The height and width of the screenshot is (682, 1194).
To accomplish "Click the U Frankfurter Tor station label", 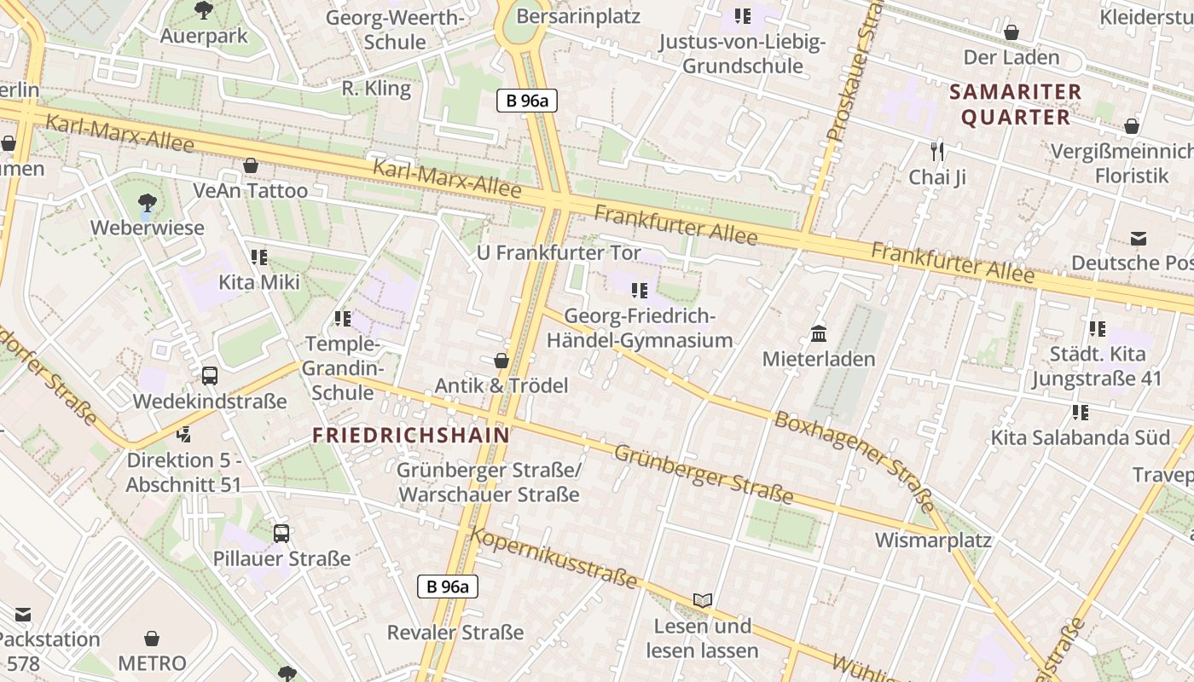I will (x=558, y=253).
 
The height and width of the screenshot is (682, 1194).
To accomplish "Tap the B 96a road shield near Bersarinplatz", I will (x=527, y=101).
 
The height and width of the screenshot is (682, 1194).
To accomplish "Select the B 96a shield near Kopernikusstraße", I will (x=448, y=587).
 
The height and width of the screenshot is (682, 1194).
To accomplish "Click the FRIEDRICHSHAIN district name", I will (x=410, y=435).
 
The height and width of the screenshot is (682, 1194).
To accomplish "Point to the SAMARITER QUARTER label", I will (x=1015, y=104).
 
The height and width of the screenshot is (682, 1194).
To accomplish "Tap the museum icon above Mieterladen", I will (x=819, y=333).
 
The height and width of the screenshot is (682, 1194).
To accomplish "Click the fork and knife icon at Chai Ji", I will (x=937, y=152).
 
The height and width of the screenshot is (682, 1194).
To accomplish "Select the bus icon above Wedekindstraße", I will (x=209, y=375).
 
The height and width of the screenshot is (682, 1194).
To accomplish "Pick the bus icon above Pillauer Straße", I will (x=281, y=534).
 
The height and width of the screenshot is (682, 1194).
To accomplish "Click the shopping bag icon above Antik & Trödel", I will (x=501, y=361).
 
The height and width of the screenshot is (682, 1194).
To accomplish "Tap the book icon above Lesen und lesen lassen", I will (x=702, y=601).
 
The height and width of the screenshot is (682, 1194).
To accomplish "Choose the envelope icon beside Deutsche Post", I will (x=1139, y=238).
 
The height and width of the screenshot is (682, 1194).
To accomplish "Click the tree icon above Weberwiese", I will (x=147, y=203).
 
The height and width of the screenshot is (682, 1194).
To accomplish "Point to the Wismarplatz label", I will (x=933, y=540).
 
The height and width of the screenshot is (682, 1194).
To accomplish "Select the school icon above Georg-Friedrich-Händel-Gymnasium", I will (x=640, y=291).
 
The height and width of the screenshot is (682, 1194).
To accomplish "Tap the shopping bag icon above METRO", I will (x=152, y=639).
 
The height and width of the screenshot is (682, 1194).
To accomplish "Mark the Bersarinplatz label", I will (x=578, y=16).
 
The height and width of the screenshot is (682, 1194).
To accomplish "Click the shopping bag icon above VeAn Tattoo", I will (x=251, y=165).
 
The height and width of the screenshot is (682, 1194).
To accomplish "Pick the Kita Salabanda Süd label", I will (x=1080, y=437).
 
